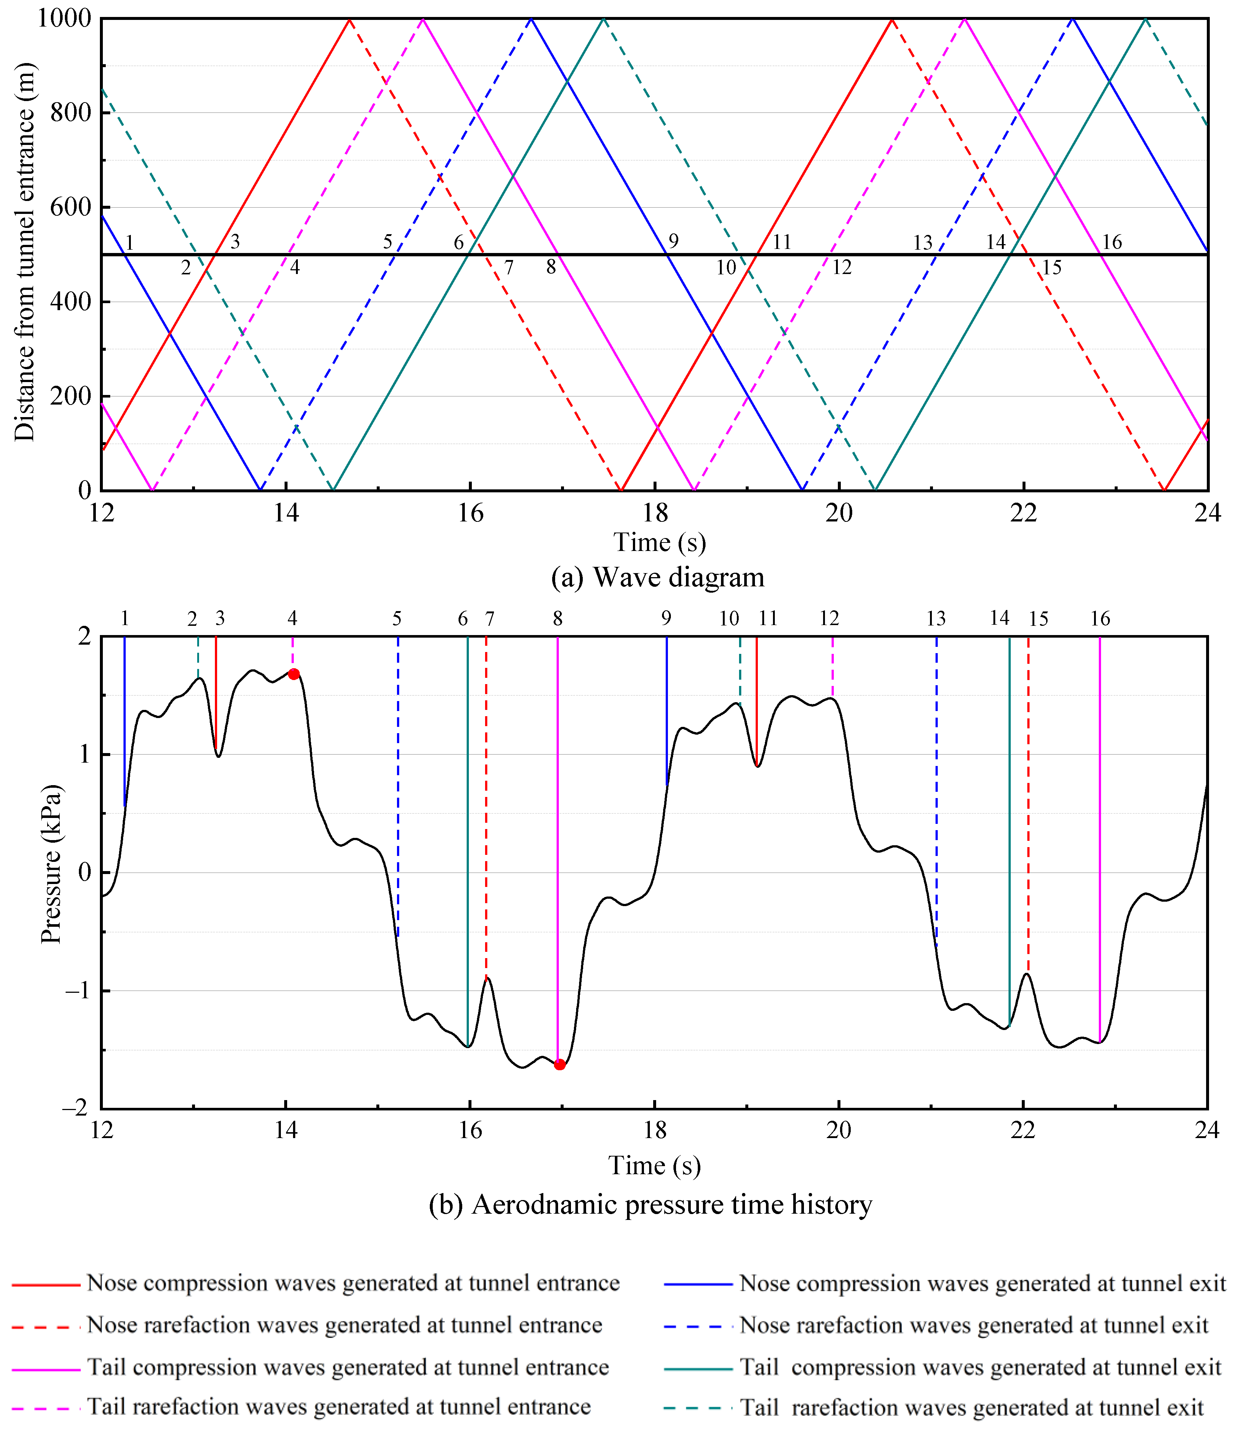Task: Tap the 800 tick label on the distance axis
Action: point(71,112)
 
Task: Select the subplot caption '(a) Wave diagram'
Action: point(658,577)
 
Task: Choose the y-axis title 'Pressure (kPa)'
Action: point(50,864)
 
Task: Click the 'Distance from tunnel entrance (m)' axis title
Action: point(24,252)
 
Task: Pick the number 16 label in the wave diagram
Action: point(1111,242)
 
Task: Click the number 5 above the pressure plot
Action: point(397,618)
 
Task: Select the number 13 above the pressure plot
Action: point(936,618)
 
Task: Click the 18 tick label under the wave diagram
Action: point(655,513)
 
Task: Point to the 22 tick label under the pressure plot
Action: point(1023,1130)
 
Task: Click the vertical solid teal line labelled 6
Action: point(468,829)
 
